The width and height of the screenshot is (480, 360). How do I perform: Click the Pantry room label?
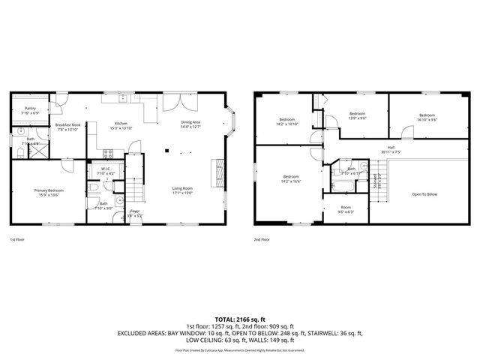30,110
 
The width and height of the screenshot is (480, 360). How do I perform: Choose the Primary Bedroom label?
49,193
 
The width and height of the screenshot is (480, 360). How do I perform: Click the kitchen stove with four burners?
106,154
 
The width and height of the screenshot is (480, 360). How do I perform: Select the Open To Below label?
424,194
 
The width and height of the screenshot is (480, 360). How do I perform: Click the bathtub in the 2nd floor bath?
338,183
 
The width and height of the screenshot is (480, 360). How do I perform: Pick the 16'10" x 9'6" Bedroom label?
427,117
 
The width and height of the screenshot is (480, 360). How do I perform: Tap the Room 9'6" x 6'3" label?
346,208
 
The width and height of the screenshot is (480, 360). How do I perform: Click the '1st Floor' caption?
18,240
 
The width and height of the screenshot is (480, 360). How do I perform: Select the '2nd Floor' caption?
262,240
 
